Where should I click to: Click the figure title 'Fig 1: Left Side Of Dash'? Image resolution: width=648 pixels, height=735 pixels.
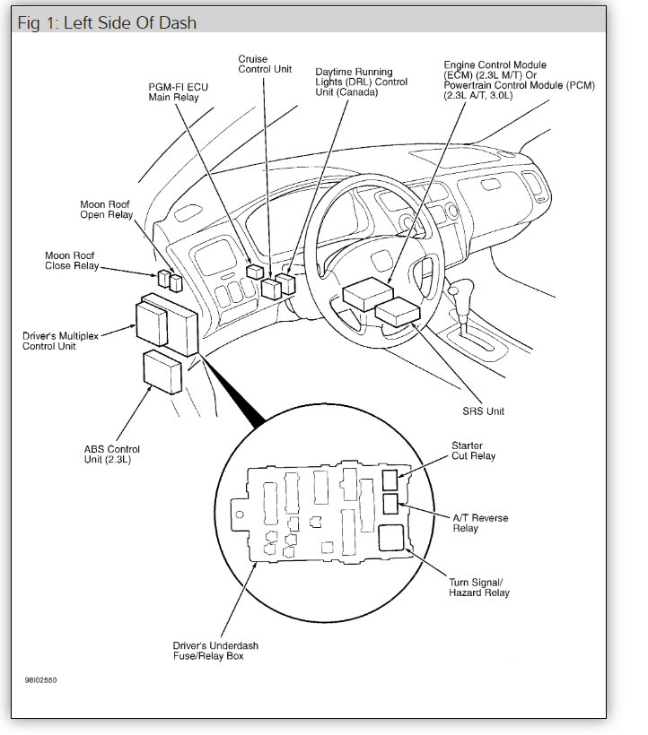[x=107, y=22]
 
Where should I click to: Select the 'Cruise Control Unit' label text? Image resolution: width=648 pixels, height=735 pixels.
[x=265, y=65]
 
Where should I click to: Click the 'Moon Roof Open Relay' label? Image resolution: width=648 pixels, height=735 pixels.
[x=106, y=210]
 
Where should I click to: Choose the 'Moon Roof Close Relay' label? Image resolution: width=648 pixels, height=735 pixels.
[x=72, y=261]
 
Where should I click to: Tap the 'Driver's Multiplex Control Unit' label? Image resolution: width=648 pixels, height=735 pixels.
[x=61, y=341]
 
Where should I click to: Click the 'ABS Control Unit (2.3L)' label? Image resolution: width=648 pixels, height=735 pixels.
[x=111, y=454]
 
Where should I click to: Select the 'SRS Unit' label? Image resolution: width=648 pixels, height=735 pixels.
[x=483, y=411]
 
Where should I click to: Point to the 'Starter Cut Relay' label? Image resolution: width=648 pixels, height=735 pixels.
[x=473, y=450]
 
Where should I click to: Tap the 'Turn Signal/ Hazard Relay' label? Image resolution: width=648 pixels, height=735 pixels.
[x=478, y=587]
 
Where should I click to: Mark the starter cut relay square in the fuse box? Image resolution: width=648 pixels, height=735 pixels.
[x=391, y=479]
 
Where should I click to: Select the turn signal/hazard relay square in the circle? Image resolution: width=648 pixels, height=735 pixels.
[x=392, y=537]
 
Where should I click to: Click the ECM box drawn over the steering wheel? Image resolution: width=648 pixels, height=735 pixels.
[x=367, y=292]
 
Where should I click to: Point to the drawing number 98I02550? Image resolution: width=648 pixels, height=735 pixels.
[x=41, y=679]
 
